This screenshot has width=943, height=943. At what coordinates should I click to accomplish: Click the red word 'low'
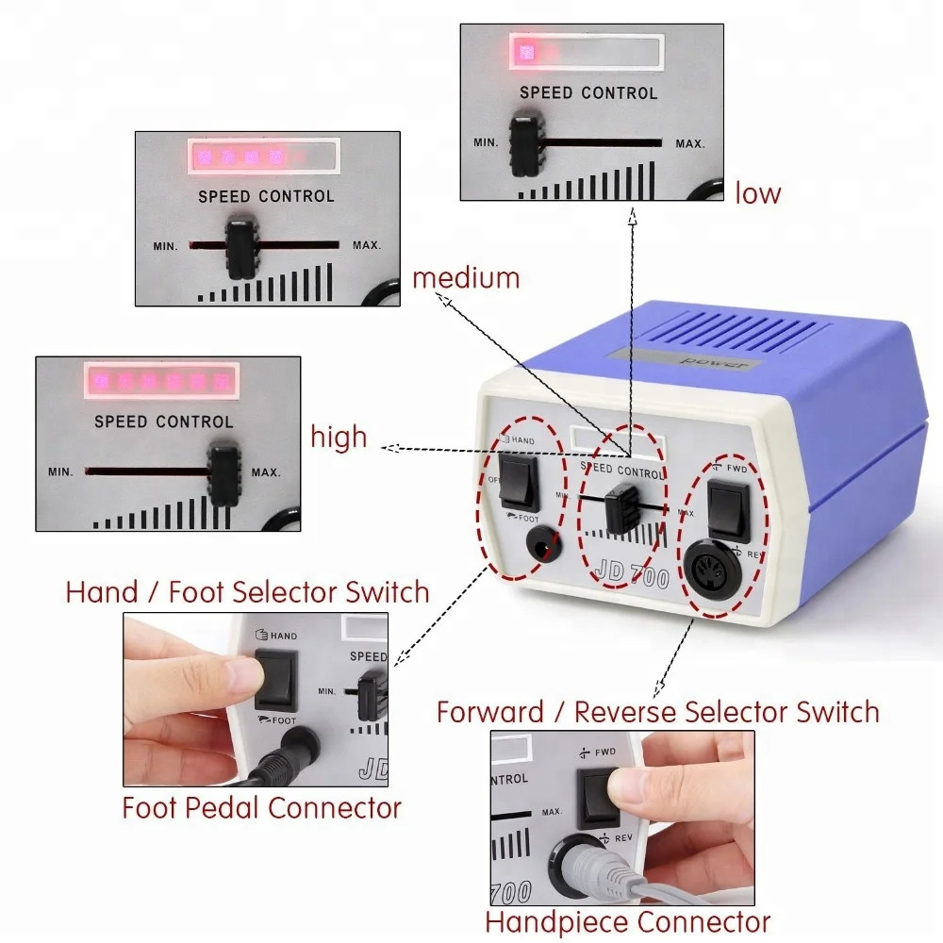[x=758, y=194]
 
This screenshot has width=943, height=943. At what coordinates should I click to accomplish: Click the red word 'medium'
[x=466, y=278]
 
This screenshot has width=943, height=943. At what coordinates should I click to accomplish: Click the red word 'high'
[x=339, y=438]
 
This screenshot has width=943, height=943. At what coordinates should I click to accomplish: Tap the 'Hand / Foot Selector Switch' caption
[x=247, y=592]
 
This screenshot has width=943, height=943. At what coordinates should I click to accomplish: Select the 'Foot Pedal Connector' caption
[x=261, y=807]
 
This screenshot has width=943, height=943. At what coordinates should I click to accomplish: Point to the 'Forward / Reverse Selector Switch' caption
[x=657, y=712]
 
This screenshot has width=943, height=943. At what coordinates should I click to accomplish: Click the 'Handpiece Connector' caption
[x=627, y=921]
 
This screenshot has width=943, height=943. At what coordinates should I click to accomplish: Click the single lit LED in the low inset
[x=524, y=52]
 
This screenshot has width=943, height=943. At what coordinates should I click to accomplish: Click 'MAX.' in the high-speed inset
[x=266, y=471]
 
